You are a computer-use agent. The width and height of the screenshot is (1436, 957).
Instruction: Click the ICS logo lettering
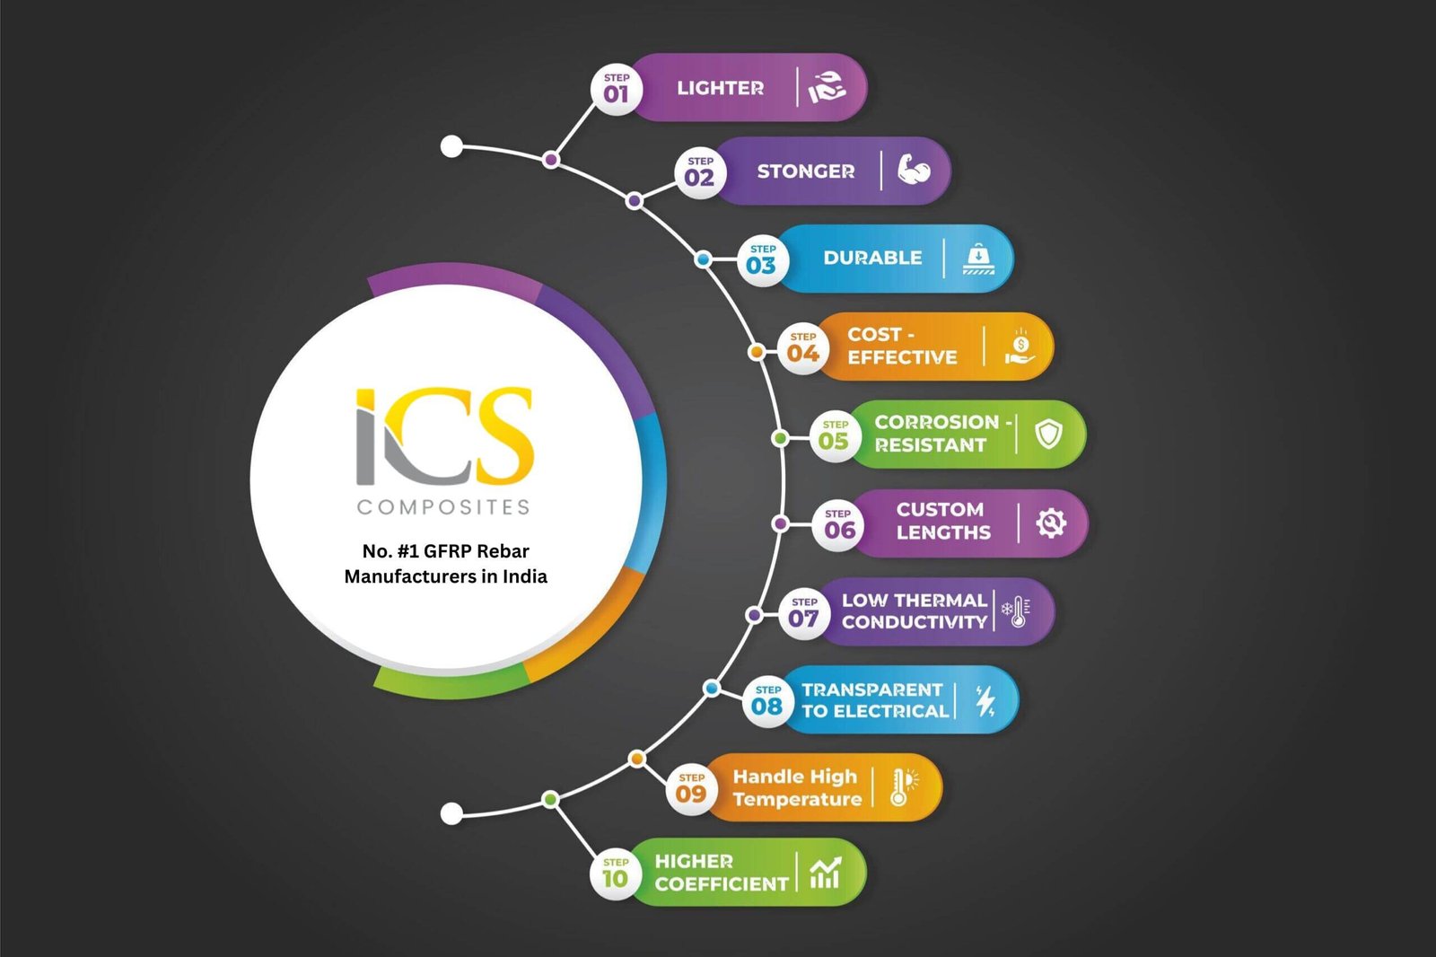445,437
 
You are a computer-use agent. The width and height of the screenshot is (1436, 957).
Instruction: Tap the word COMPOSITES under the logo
443,507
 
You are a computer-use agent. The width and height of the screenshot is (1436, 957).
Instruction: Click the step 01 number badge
617,89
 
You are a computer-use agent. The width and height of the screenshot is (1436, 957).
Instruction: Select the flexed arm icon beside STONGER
913,170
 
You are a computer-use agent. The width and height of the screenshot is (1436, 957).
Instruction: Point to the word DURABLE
872,258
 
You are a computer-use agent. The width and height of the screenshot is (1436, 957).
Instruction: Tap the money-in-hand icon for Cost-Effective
1020,347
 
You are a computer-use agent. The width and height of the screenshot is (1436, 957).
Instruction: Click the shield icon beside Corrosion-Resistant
1048,435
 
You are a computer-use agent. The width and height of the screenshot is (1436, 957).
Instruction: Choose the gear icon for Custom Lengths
1050,522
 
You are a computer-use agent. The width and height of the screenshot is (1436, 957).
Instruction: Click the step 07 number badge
804,614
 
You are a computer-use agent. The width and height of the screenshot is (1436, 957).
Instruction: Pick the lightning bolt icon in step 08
985,700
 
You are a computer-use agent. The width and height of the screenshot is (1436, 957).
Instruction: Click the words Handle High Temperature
796,788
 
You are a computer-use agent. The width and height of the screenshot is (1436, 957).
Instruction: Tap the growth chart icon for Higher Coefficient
825,872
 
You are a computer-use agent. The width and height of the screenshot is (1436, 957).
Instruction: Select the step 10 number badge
616,874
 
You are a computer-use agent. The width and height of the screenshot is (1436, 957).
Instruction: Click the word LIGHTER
720,88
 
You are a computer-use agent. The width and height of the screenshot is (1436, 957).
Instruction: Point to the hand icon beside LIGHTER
827,87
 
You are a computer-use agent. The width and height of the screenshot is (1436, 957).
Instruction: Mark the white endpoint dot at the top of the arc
452,146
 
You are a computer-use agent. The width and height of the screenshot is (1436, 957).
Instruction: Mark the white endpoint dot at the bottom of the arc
452,813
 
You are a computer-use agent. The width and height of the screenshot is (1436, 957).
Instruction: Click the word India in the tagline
525,576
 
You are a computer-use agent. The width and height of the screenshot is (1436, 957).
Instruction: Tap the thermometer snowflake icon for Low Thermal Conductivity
1016,611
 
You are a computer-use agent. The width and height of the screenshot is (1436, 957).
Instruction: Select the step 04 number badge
802,349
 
